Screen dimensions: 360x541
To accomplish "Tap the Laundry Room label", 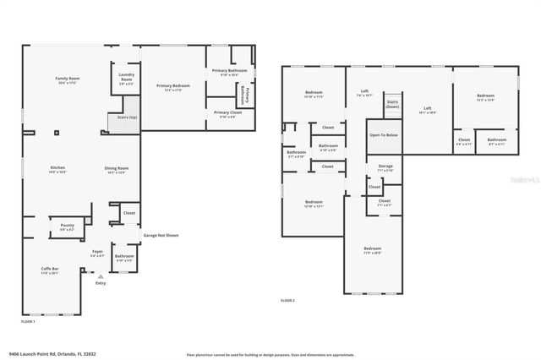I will tap(126, 78).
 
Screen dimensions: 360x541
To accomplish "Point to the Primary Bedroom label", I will tap(172, 86).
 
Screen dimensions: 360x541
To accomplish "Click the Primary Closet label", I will tap(227, 113).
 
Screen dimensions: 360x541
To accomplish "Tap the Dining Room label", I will tap(117, 168).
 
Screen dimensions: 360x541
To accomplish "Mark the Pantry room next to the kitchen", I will tap(67, 226).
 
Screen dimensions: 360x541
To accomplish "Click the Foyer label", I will tap(98, 252).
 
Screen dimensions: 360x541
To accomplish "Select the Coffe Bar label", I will tap(50, 270).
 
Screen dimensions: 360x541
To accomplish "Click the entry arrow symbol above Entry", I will tap(101, 275).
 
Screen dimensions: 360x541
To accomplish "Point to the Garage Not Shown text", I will tap(161, 235).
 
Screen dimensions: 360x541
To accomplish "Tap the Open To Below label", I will tap(383, 134).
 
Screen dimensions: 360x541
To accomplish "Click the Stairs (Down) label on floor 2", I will tap(392, 105).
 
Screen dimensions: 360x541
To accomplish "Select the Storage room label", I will tap(385, 167).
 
